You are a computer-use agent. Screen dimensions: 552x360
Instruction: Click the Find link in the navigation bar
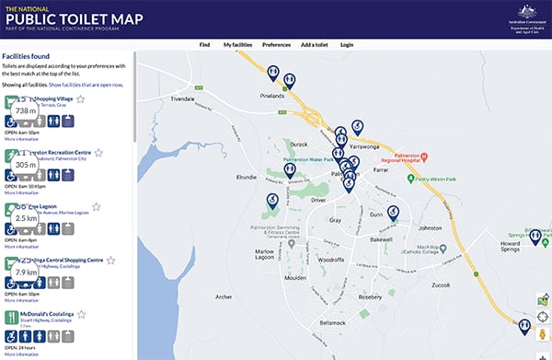pos(204,44)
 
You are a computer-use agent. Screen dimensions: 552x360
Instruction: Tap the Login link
pos(347,44)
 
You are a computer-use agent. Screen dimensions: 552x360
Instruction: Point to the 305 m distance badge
pos(26,165)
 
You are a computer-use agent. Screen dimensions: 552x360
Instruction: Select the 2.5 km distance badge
pos(26,218)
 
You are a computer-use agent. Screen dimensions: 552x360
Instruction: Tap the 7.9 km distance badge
pos(26,273)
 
